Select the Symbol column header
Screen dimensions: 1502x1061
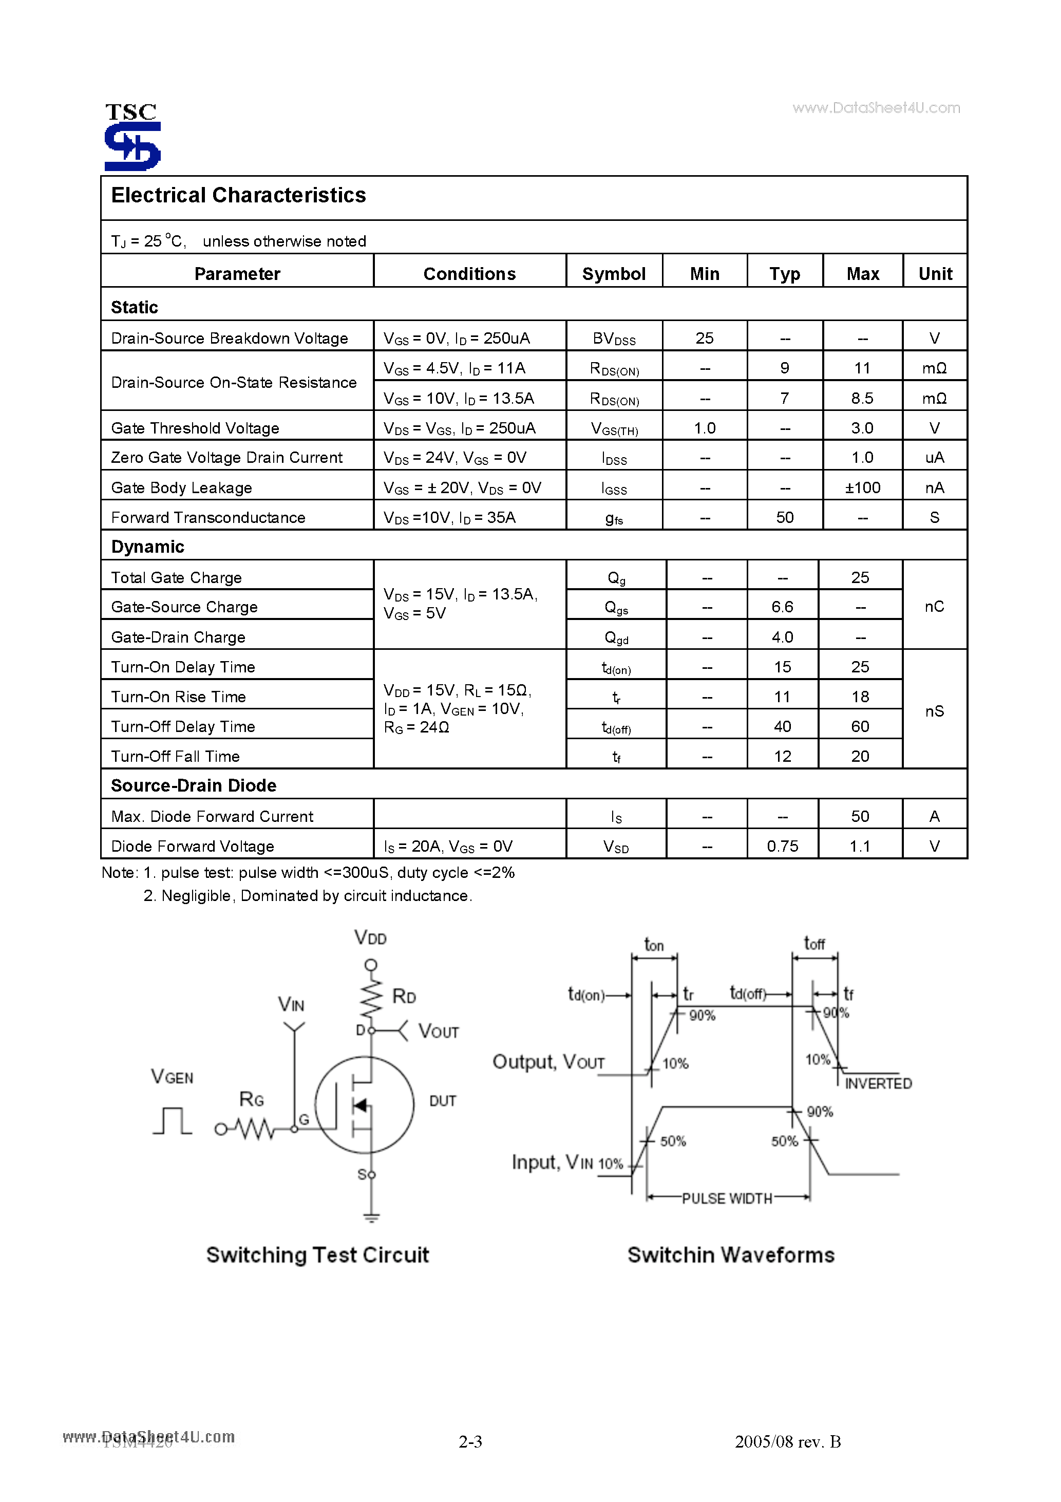[x=614, y=273]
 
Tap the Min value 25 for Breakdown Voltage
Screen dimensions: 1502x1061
[x=704, y=338]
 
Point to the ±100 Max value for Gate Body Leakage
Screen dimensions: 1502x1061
[x=862, y=488]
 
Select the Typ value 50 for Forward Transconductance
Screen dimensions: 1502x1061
[x=784, y=517]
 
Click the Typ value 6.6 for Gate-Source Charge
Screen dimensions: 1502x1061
[x=782, y=607]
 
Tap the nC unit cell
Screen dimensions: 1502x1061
[x=934, y=607]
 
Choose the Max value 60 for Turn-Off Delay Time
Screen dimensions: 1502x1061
[x=860, y=727]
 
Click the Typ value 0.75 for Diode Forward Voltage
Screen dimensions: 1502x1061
[x=782, y=847]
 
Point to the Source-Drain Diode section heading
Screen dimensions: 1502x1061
[x=194, y=785]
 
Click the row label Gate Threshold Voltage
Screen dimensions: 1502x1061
[x=195, y=428]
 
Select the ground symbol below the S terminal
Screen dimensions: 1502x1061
[x=371, y=1217]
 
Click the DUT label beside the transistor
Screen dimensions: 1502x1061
[x=442, y=1101]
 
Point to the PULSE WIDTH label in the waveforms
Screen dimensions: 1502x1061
[x=727, y=1198]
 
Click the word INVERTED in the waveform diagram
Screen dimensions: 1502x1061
[x=878, y=1084]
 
